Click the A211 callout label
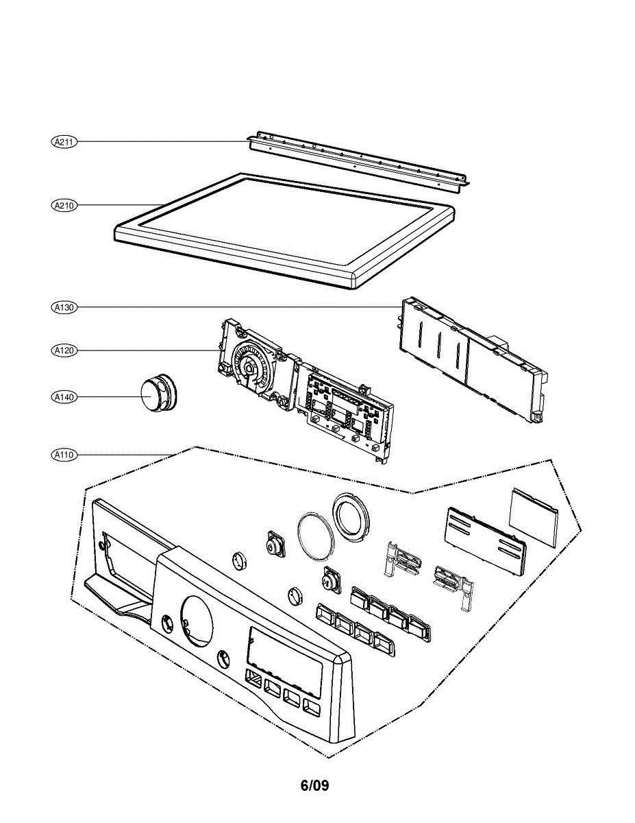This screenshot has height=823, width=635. [x=65, y=142]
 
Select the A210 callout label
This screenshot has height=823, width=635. [x=65, y=205]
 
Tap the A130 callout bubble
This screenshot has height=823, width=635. [x=65, y=308]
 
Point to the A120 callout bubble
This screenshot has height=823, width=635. [x=65, y=350]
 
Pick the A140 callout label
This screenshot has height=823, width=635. [x=65, y=396]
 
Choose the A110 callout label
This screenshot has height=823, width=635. [x=65, y=454]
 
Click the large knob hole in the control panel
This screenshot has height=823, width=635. [x=196, y=620]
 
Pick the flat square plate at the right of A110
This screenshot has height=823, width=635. [x=533, y=516]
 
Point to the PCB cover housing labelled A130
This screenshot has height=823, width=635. [x=473, y=357]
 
